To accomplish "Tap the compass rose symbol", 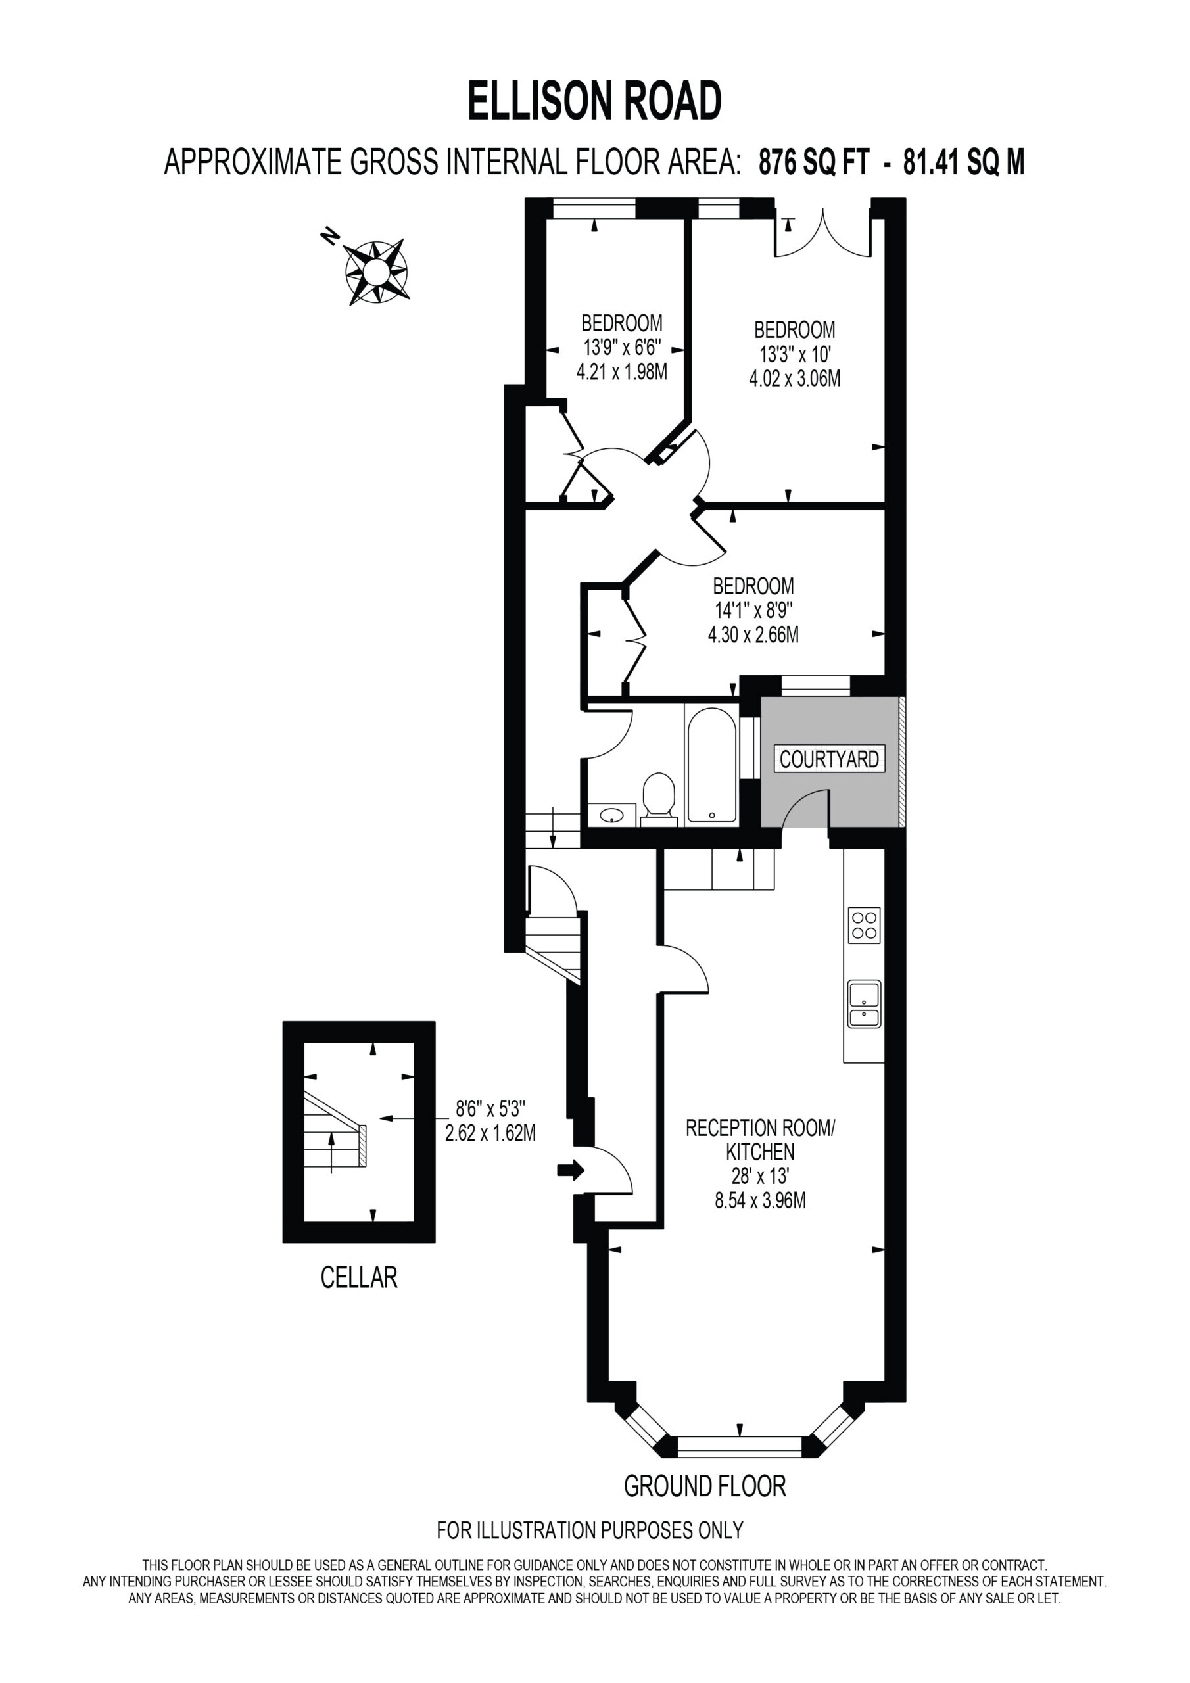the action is click(376, 273).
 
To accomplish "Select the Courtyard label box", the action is click(829, 759).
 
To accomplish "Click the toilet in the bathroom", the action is click(658, 799).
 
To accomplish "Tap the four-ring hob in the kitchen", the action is click(865, 925).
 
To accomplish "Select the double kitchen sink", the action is click(865, 1005).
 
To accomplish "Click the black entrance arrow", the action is click(571, 1170).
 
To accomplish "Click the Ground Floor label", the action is click(705, 1486).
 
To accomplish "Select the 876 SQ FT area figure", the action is click(814, 161).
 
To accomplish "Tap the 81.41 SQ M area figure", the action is click(963, 161).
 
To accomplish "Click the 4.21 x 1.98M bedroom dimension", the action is click(622, 371).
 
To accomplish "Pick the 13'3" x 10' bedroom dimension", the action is click(795, 355).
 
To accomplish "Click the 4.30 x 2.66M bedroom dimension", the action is click(753, 634).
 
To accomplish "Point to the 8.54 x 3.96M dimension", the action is click(760, 1200).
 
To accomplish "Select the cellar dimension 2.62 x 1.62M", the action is click(490, 1133).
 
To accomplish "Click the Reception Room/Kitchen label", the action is click(760, 1139).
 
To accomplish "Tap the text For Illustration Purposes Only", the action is click(590, 1530).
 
